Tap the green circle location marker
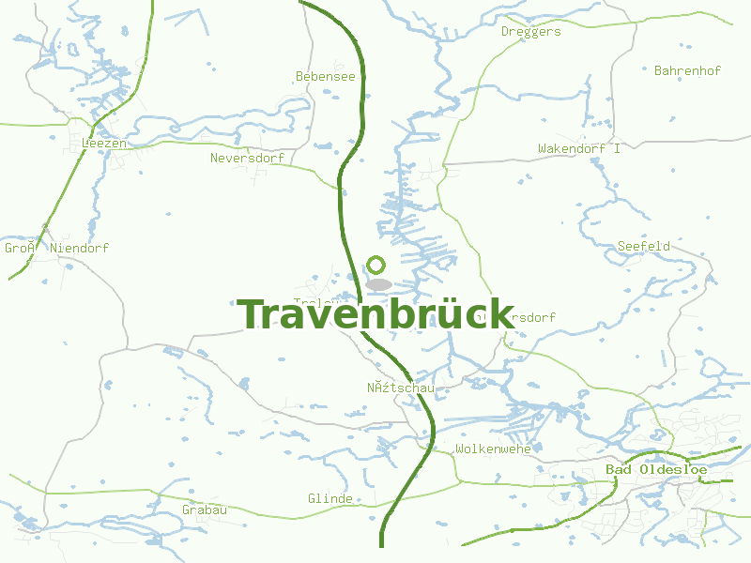pos(376,265)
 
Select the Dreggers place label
pos(530,32)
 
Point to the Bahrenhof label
pos(687,71)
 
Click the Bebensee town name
pos(326,77)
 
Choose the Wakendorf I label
pos(579,149)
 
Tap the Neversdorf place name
pos(247,159)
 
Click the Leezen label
pos(104,144)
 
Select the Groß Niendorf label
pos(56,249)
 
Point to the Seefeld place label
pos(644,247)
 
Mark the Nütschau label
pos(400,388)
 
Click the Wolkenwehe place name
pos(493,449)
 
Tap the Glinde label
pos(330,499)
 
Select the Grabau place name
pos(205,510)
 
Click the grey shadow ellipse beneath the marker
pos(378,284)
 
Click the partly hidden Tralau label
pos(309,302)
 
